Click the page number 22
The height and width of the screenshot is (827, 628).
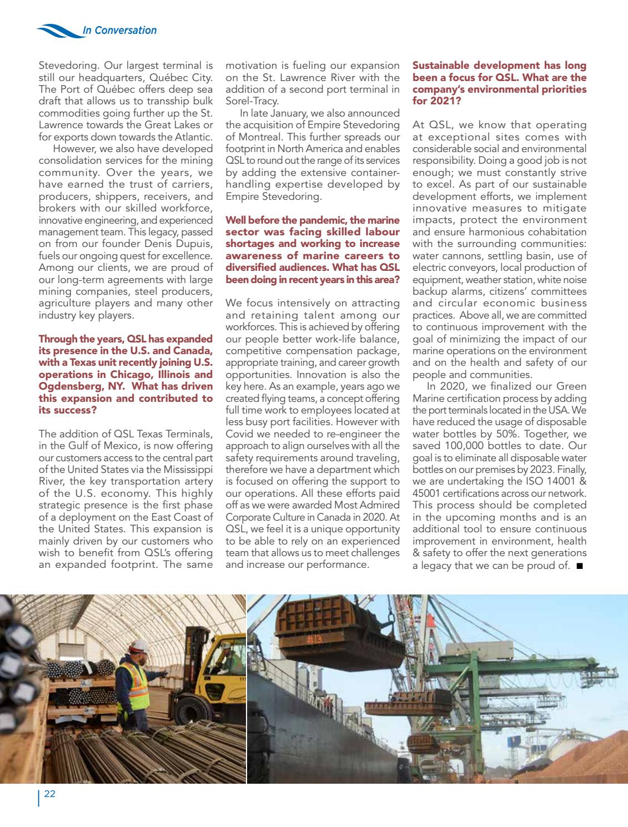[49, 794]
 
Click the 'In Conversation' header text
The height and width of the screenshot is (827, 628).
[119, 31]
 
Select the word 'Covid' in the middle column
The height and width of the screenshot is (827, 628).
[239, 434]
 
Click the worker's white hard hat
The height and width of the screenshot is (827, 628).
[139, 646]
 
